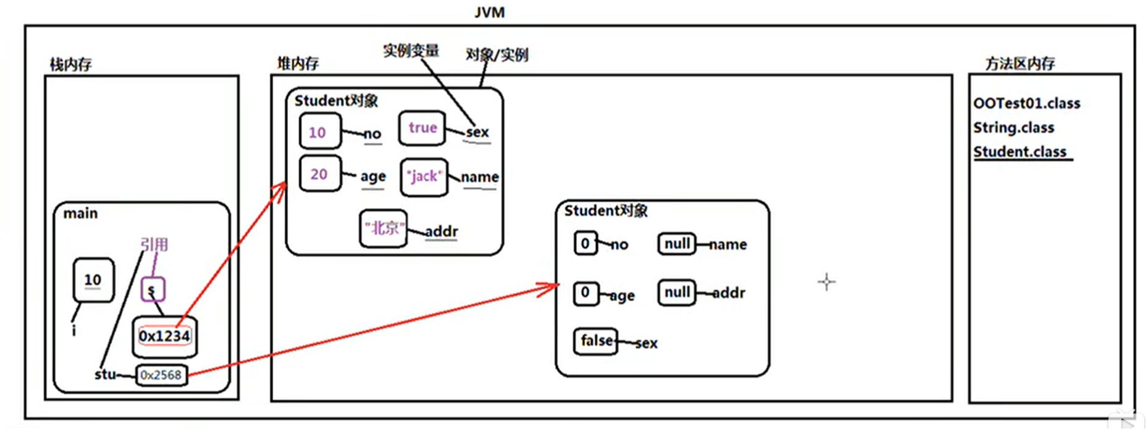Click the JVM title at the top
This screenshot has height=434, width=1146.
[489, 12]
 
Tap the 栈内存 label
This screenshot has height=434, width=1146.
[70, 64]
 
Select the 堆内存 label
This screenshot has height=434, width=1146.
[298, 63]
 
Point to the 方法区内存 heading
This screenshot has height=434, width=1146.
[1020, 64]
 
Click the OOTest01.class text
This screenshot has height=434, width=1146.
[1026, 104]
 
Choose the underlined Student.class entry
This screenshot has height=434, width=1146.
[1020, 152]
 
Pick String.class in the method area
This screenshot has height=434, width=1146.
[1013, 128]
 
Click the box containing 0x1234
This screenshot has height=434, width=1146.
[164, 336]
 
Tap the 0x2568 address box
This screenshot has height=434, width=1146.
[161, 375]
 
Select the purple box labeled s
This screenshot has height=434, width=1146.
[152, 290]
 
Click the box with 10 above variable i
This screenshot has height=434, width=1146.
[93, 280]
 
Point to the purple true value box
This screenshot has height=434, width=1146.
[422, 128]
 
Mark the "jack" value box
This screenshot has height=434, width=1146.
[424, 177]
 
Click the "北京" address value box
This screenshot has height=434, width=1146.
[383, 229]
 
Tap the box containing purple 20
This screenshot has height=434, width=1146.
[319, 174]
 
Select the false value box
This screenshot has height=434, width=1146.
[596, 341]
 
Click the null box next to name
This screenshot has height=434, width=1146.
[676, 244]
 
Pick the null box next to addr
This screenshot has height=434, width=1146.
[676, 292]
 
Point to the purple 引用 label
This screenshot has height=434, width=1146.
[154, 244]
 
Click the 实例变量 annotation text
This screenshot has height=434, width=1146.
[411, 51]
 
